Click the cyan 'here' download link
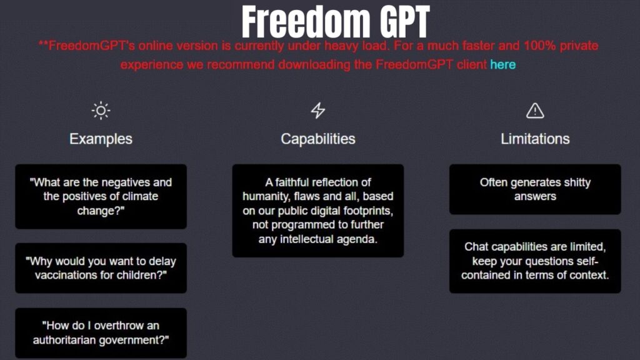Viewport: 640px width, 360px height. (502, 64)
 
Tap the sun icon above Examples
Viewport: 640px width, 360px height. (101, 111)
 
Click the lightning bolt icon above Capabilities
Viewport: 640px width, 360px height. (317, 111)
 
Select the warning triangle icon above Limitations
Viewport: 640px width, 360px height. (535, 111)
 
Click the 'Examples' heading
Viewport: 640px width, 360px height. (101, 139)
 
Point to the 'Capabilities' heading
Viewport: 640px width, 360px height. (317, 139)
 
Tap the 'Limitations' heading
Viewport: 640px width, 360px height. (535, 139)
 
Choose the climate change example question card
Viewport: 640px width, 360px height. (101, 196)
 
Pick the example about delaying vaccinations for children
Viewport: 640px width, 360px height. (101, 268)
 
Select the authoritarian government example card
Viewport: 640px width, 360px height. (101, 332)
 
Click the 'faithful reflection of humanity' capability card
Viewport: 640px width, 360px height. (317, 211)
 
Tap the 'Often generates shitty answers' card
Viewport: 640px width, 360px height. (535, 189)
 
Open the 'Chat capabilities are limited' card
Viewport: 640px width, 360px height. (535, 261)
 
